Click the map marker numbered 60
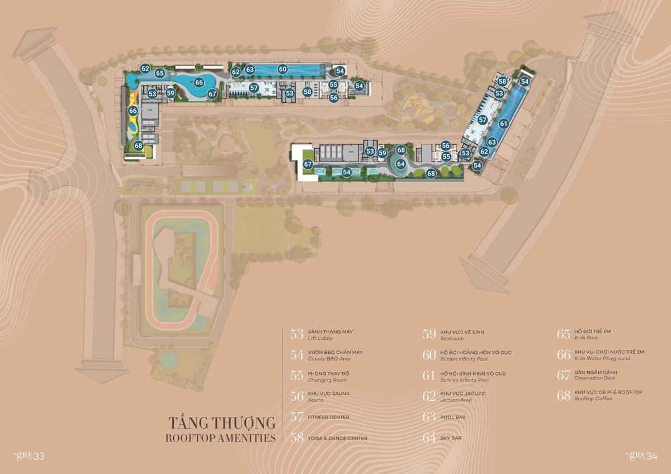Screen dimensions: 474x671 coord(283,69)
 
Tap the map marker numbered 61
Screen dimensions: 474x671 coord(504,124)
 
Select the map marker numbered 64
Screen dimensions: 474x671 coord(400,164)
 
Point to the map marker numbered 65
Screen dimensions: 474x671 coord(160,73)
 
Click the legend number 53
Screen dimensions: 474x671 coord(297,334)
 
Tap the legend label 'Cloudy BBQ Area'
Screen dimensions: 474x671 coord(329,359)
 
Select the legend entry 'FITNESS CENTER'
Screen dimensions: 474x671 coord(328,418)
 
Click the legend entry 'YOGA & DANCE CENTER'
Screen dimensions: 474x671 coord(337,438)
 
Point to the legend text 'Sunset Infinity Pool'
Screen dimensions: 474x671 coord(464,359)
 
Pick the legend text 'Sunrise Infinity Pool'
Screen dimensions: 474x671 coord(464,380)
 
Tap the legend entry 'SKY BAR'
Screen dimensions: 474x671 coord(451,438)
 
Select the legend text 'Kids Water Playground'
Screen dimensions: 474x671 coord(602,358)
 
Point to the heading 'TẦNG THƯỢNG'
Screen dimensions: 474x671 coord(222,423)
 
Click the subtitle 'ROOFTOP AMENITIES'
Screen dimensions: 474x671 coord(220,438)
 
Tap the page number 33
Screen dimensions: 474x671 coord(39,457)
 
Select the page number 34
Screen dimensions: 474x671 coord(651,456)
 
